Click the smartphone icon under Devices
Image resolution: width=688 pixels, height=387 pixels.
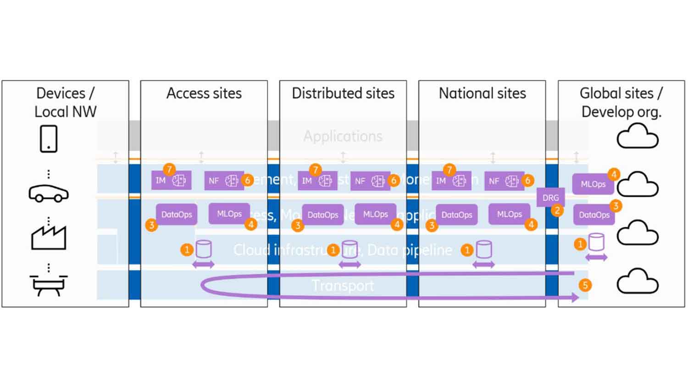(x=49, y=138)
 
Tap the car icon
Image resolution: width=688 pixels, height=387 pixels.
(x=49, y=193)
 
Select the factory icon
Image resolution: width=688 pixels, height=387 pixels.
(x=49, y=237)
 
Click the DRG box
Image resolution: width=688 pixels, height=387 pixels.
(x=550, y=198)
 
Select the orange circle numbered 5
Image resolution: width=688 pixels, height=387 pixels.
(x=585, y=285)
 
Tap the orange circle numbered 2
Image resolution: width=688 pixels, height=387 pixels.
(x=557, y=210)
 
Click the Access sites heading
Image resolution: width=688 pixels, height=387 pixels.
(x=204, y=94)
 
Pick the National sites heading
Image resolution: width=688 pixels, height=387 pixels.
(x=482, y=94)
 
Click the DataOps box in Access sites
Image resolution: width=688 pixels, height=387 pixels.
(x=177, y=214)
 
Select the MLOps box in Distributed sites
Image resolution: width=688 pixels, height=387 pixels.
(x=375, y=214)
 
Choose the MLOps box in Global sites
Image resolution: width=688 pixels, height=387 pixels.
(x=593, y=184)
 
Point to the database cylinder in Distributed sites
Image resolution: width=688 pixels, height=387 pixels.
(x=350, y=249)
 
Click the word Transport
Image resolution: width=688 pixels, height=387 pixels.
(x=343, y=286)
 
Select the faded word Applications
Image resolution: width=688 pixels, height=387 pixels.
(x=343, y=136)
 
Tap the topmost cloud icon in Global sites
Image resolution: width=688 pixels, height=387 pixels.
(x=637, y=136)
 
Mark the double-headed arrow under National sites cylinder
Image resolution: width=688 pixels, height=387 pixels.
(x=483, y=265)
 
